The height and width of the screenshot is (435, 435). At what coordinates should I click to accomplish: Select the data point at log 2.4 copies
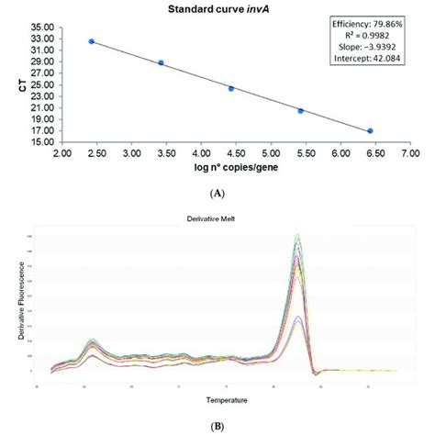[x=91, y=41]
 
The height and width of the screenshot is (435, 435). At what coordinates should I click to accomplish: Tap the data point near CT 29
[x=161, y=63]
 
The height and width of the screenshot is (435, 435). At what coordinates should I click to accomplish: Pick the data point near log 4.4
[x=231, y=89]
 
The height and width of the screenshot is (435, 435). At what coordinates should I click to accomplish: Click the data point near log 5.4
[x=300, y=111]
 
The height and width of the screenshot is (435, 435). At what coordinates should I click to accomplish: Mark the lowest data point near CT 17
[x=370, y=131]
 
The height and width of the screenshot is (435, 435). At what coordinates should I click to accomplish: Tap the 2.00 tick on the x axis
[x=62, y=153]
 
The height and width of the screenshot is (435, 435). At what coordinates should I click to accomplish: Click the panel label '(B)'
[x=217, y=427]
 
